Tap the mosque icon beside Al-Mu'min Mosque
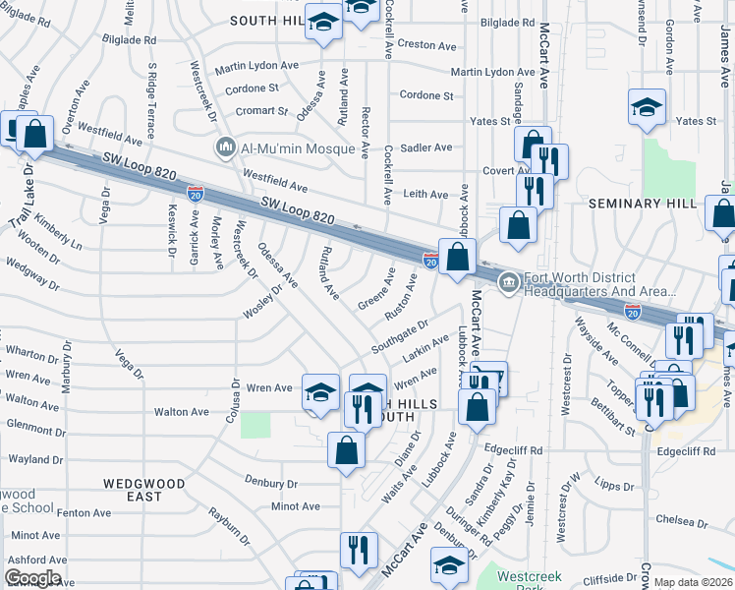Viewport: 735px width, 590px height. coord(225,148)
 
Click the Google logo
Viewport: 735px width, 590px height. coord(31,578)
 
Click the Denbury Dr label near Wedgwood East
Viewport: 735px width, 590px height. coord(271,484)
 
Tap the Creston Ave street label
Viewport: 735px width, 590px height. coord(427,45)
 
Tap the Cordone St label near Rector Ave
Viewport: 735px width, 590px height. coord(425,96)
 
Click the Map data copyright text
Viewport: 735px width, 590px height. coord(693,582)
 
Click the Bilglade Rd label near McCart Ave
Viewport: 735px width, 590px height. coord(506,22)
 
